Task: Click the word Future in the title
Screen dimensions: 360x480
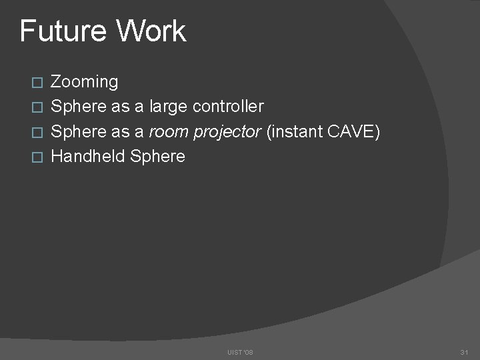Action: coord(62,31)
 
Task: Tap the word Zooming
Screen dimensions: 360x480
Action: coord(85,83)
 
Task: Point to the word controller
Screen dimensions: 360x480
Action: coord(228,107)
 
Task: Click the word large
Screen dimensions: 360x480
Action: coord(170,107)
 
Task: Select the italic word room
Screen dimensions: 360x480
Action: coord(168,132)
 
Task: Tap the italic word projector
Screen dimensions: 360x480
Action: coord(227,132)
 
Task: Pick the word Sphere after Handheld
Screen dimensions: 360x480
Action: coord(158,157)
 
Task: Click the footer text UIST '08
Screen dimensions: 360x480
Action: coord(240,351)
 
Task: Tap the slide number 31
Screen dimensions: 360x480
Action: coord(464,351)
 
